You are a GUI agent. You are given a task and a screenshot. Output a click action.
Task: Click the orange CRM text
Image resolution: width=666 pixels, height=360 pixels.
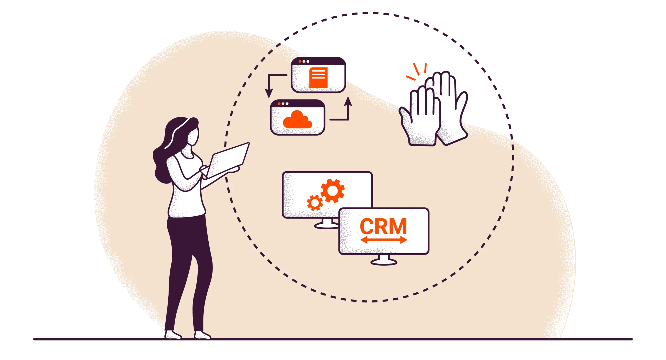point(383,226)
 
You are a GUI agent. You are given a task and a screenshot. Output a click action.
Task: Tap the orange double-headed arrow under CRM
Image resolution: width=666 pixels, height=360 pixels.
point(383,240)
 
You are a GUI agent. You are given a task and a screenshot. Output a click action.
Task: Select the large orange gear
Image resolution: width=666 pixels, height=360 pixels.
point(332,191)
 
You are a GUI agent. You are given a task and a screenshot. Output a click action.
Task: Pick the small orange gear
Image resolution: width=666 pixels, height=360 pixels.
point(315,203)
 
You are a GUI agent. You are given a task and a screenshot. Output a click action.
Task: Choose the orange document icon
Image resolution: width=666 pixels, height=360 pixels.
point(318,78)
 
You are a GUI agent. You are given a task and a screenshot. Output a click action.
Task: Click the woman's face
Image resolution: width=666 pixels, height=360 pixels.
point(194,135)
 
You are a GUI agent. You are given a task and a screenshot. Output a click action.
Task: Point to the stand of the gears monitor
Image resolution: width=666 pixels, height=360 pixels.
point(326,224)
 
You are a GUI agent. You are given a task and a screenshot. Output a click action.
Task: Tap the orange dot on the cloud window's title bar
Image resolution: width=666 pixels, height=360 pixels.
point(279,104)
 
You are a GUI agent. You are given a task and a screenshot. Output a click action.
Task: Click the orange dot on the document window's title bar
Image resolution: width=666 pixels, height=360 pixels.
point(300,61)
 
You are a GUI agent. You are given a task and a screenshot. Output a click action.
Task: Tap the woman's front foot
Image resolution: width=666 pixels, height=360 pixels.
point(202,335)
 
